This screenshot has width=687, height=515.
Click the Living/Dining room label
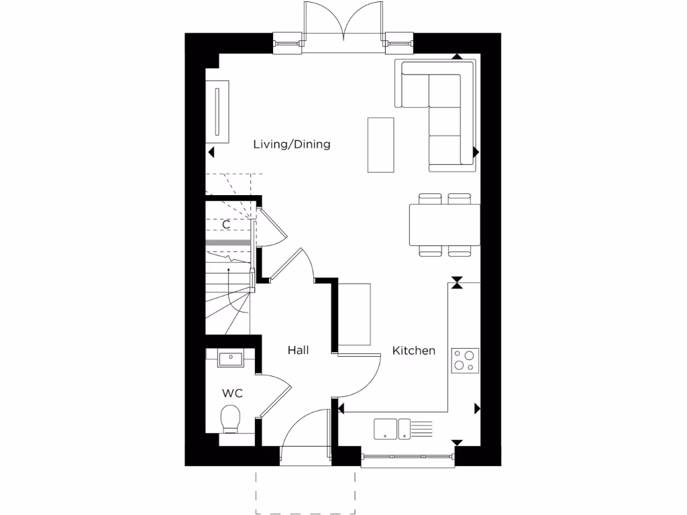(291, 144)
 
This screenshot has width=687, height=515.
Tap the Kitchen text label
(413, 351)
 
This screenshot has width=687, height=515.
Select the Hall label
(298, 350)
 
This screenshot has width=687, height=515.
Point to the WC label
(232, 392)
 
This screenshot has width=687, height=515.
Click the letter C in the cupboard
(226, 225)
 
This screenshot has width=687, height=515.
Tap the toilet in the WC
(230, 418)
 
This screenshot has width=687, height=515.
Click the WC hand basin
(230, 359)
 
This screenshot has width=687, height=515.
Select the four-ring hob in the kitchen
(464, 360)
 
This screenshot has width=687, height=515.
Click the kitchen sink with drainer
(403, 428)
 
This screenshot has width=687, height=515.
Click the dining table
(444, 225)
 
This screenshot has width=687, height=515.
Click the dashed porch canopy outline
(305, 495)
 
